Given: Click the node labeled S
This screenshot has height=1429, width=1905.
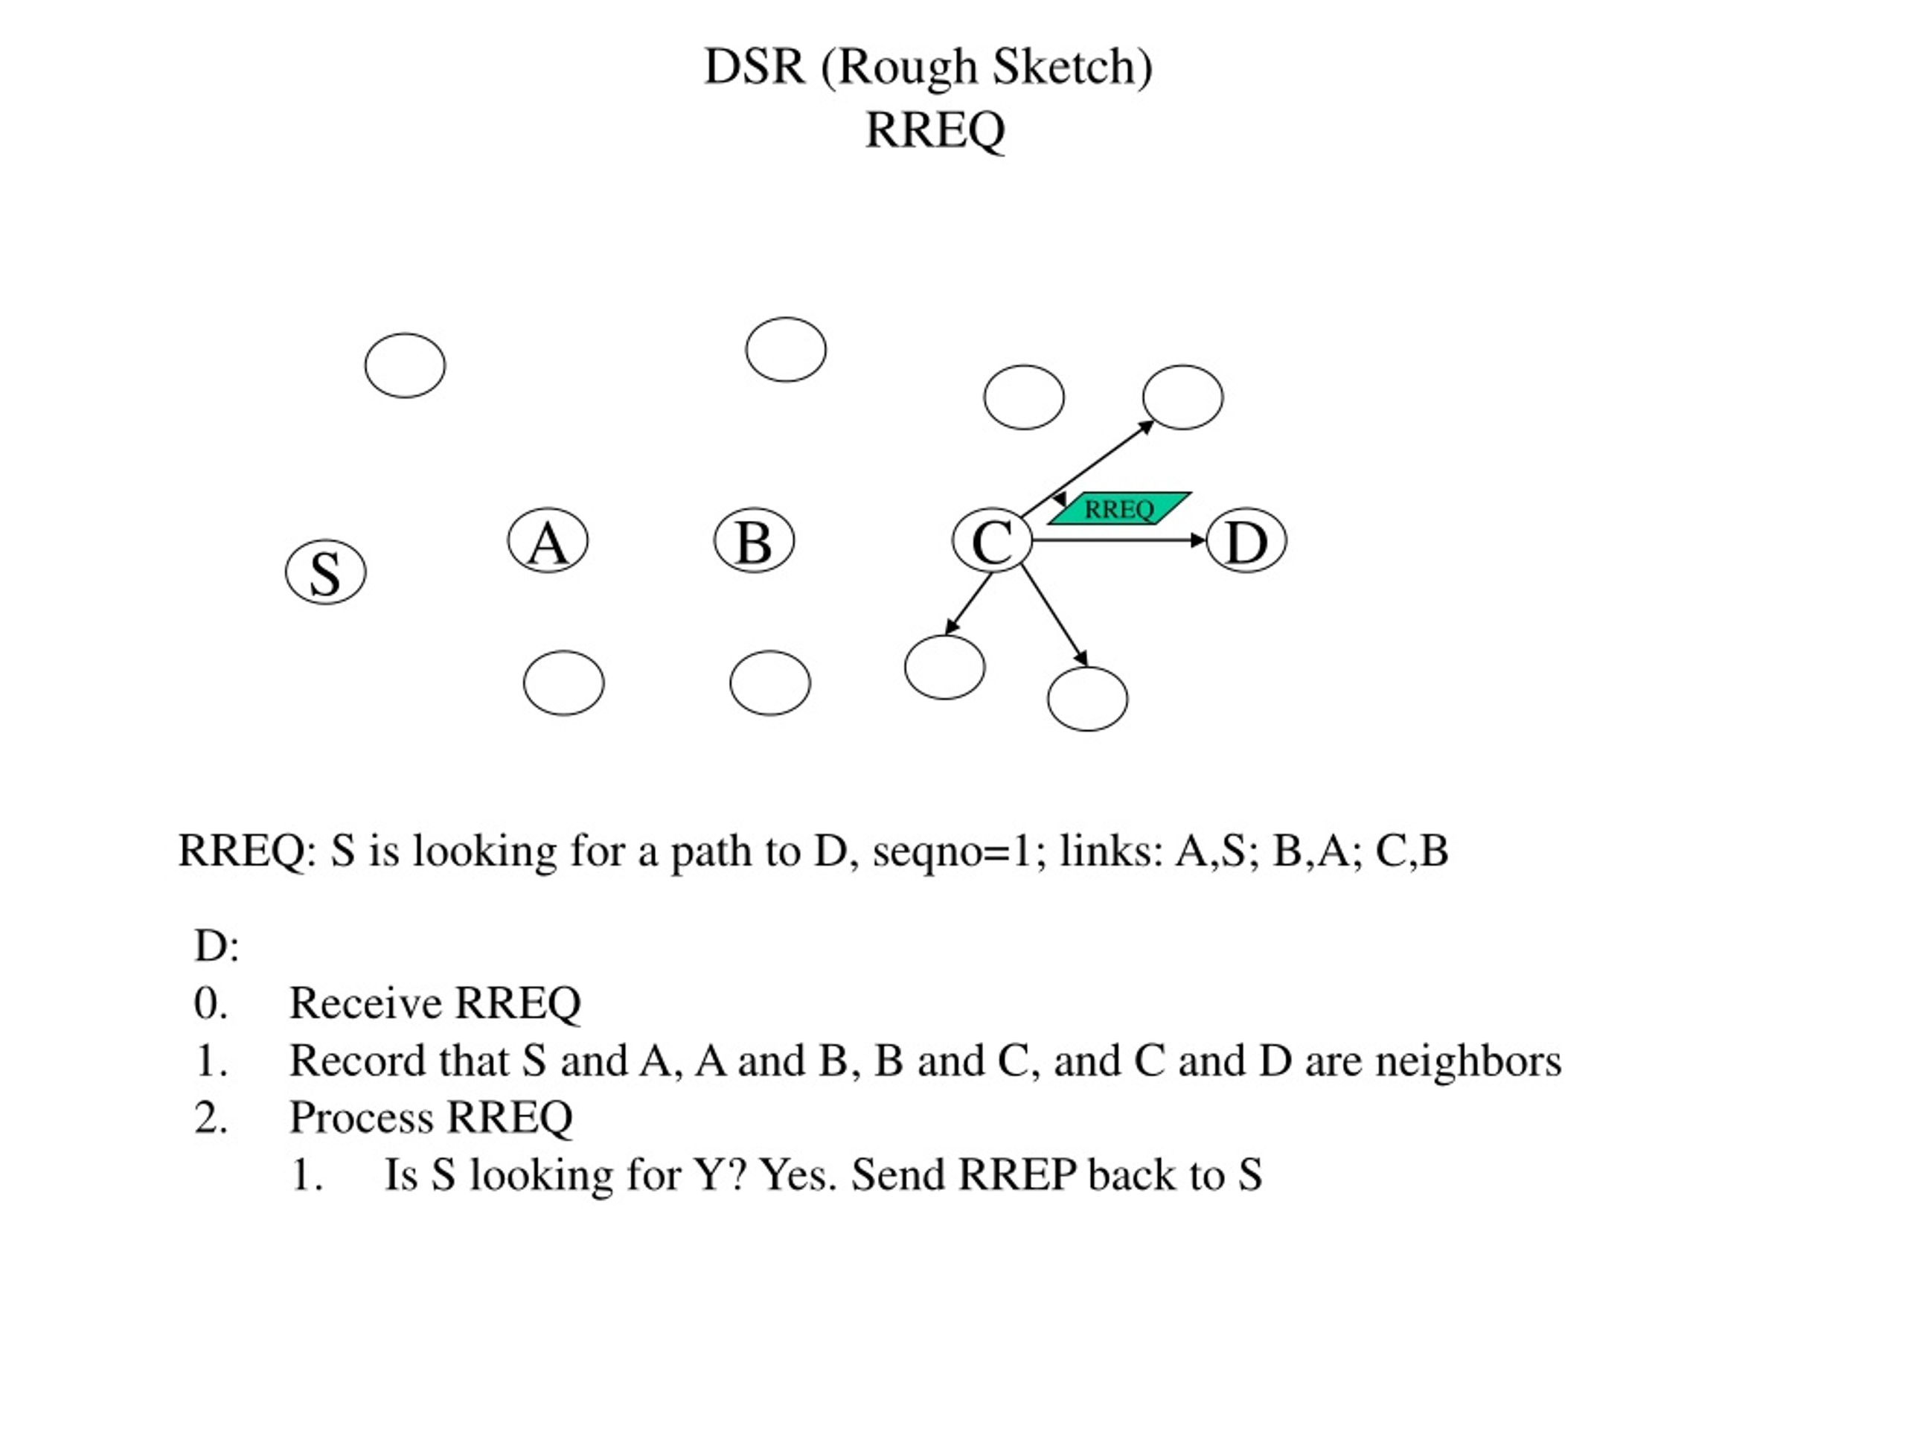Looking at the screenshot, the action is pos(325,572).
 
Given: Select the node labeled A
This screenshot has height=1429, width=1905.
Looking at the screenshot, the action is pos(548,540).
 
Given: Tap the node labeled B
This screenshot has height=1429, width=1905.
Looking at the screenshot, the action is pos(755,540).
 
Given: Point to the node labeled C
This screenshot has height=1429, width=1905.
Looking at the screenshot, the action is pos(992,540).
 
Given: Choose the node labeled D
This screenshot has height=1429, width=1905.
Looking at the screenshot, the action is pos(1246,540).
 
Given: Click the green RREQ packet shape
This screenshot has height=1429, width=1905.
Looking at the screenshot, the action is pos(1120,508).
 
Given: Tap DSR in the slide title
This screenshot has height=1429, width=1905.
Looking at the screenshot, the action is pos(755,67).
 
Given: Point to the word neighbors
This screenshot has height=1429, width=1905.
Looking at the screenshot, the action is pos(1468,1061).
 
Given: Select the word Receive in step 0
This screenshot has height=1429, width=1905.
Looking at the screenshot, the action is pos(366,1003).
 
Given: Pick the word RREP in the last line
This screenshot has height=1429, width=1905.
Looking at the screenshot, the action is pos(1017,1176).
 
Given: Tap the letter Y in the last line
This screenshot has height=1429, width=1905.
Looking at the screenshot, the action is pos(706,1176).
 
